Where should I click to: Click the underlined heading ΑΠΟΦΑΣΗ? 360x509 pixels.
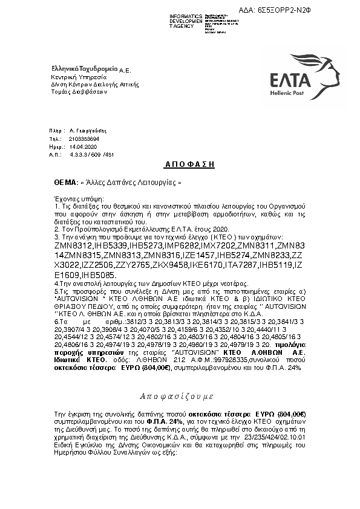(181, 164)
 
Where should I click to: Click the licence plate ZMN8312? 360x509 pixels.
(71, 247)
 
